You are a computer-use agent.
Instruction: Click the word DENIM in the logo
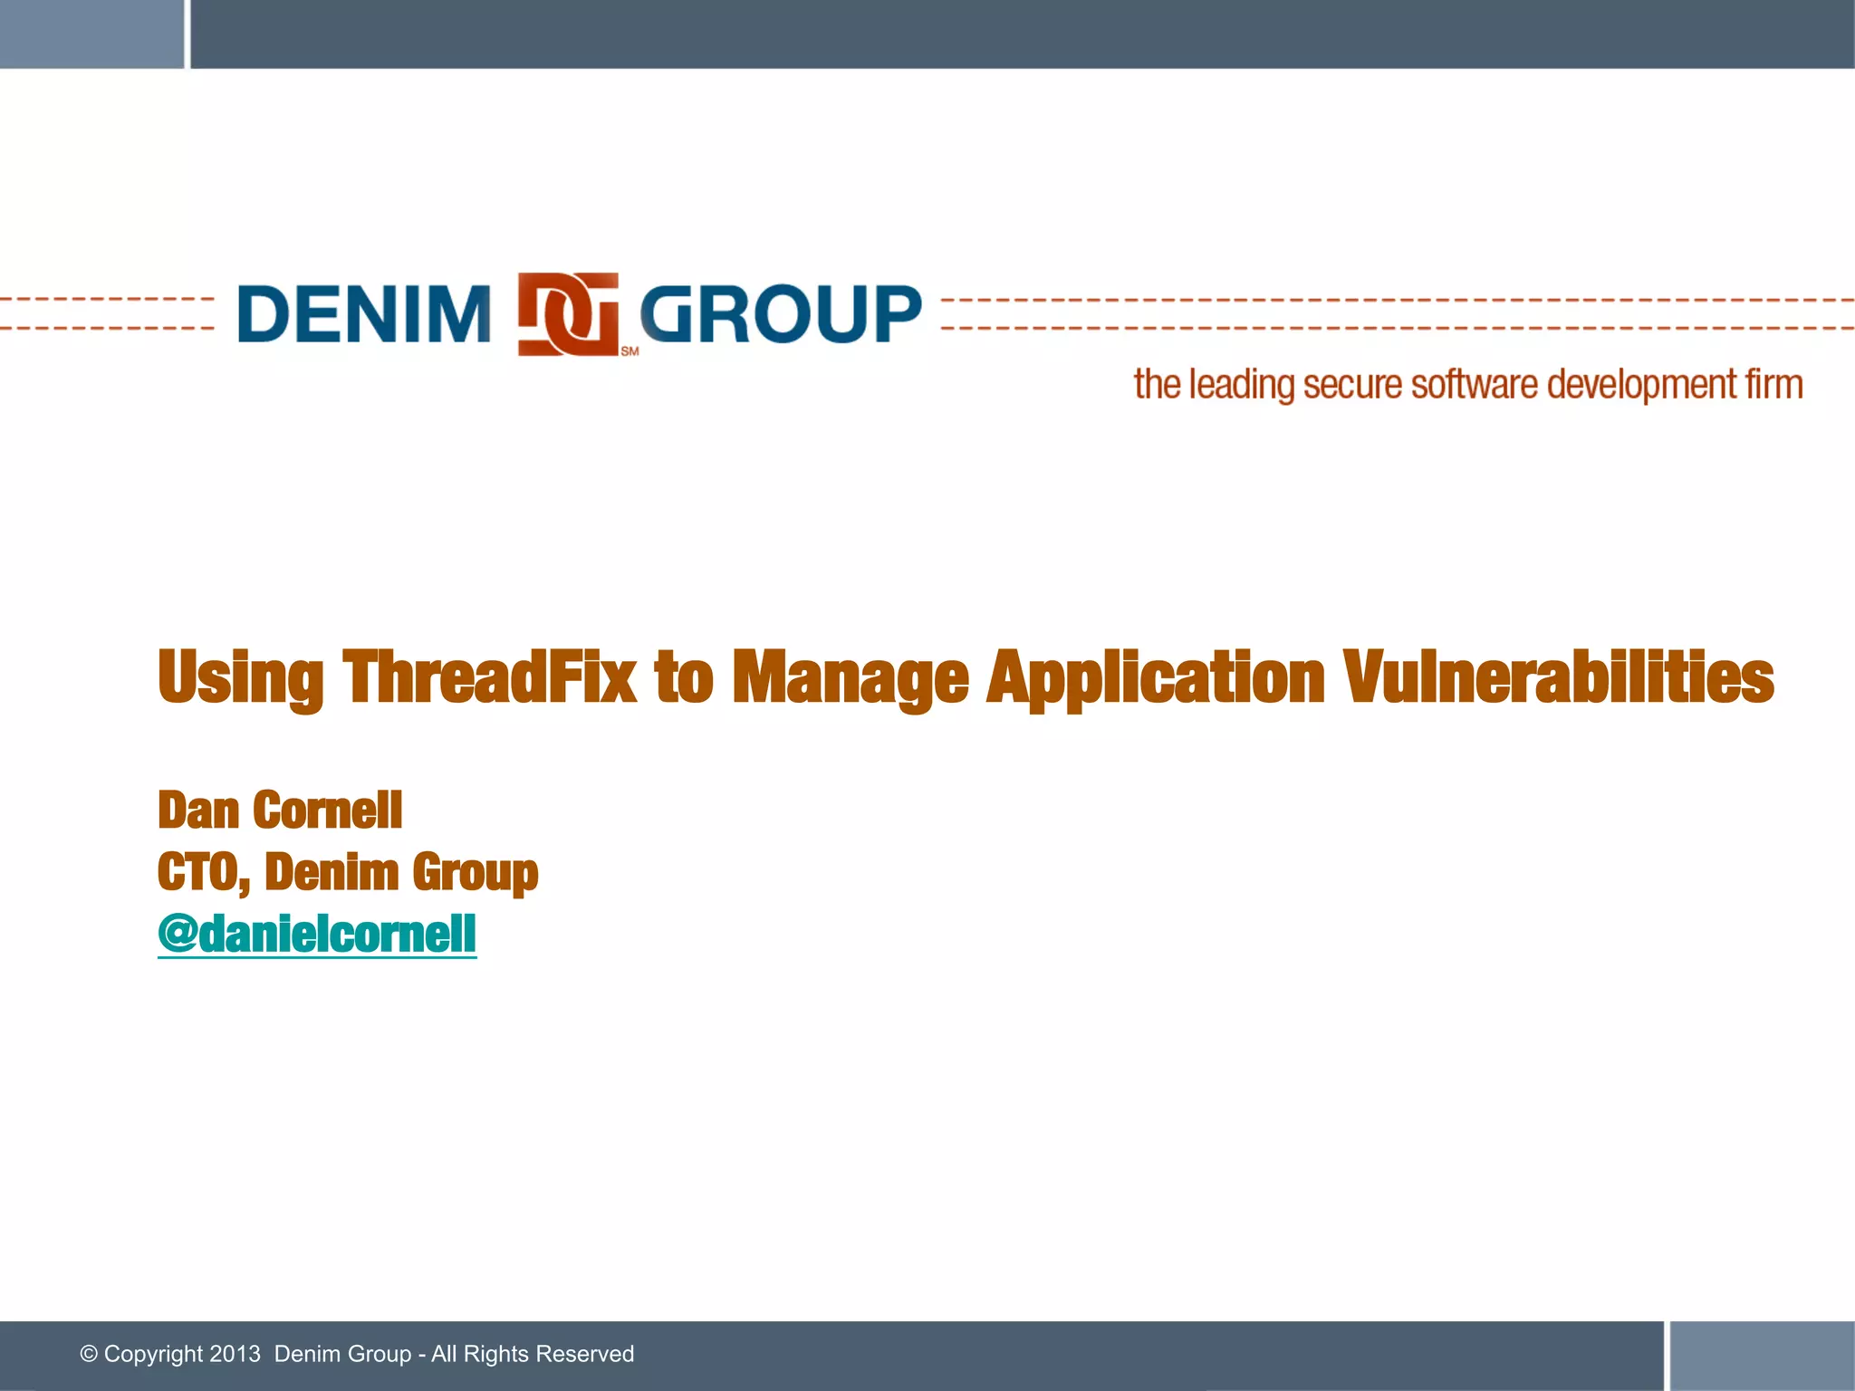[x=363, y=313]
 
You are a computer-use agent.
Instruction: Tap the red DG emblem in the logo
[x=568, y=313]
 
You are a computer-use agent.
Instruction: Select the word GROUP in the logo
[x=781, y=313]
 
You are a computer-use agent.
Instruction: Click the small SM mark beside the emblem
[x=630, y=351]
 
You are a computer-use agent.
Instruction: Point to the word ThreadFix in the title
[x=489, y=677]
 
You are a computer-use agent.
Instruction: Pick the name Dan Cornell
[x=280, y=810]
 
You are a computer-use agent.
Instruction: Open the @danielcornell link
[x=317, y=934]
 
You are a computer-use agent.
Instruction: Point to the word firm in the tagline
[x=1774, y=384]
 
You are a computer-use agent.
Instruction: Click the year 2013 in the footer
[x=235, y=1354]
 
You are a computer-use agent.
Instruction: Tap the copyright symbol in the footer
[x=89, y=1354]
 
